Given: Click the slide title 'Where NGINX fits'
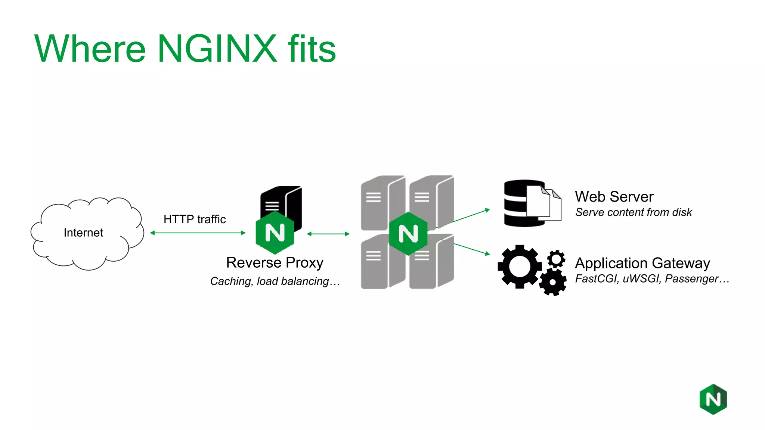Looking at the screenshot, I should [185, 49].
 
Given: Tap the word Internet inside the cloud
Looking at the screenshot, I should [83, 233].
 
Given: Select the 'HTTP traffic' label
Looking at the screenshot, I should [195, 219].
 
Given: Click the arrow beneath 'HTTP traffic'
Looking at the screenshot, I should [198, 233].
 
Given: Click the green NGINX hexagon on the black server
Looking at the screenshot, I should [275, 233].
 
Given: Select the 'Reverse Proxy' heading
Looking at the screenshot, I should [275, 262].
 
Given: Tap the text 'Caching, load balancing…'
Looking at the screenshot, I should [275, 281].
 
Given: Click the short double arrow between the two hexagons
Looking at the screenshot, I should [328, 234].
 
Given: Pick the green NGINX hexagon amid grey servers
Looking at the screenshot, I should [408, 234].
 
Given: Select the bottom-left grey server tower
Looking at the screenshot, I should [375, 263].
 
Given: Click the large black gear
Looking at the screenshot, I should [519, 266].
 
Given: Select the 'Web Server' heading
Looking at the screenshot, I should [614, 197].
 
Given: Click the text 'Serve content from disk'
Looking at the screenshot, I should [634, 212].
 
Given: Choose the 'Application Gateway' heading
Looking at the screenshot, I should [642, 263].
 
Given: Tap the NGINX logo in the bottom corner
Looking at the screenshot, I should [713, 399].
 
